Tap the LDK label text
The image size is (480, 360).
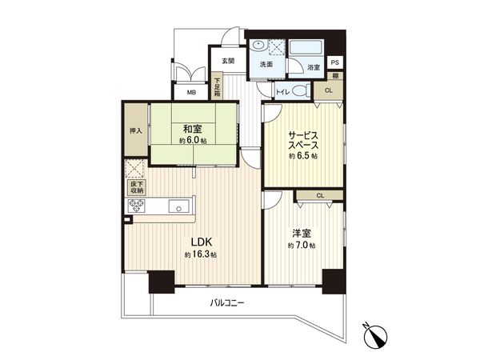coord(200,241)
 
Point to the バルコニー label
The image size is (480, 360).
coord(228,303)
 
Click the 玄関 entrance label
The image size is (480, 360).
coord(228,62)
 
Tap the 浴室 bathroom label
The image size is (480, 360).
coord(314,68)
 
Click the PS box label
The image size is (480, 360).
coord(335,62)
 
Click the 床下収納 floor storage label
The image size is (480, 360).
coord(134,189)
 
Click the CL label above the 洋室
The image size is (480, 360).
coord(319,195)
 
